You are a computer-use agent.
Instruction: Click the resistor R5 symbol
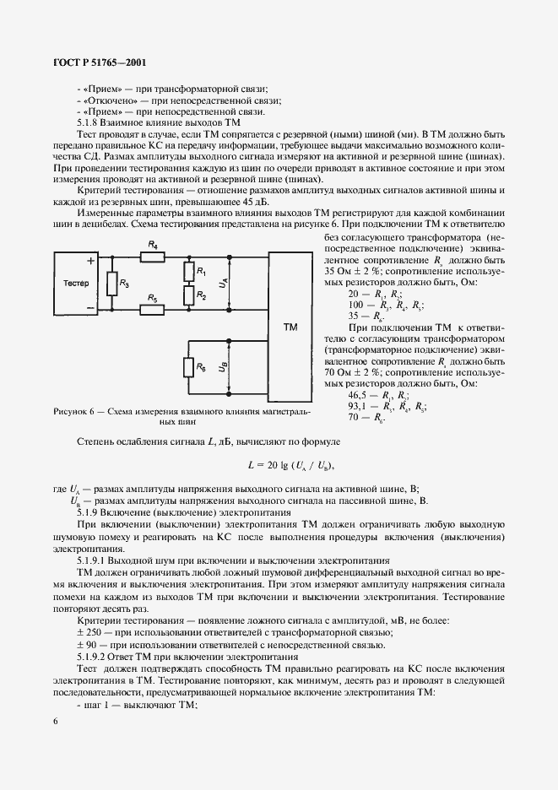coord(153,310)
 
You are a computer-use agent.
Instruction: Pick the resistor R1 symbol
coord(188,271)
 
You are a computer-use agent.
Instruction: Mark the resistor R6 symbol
coord(188,367)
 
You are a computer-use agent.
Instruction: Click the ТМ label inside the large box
coord(290,326)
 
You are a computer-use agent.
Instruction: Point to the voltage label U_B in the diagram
coord(222,368)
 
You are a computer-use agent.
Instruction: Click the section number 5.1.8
coord(89,123)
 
